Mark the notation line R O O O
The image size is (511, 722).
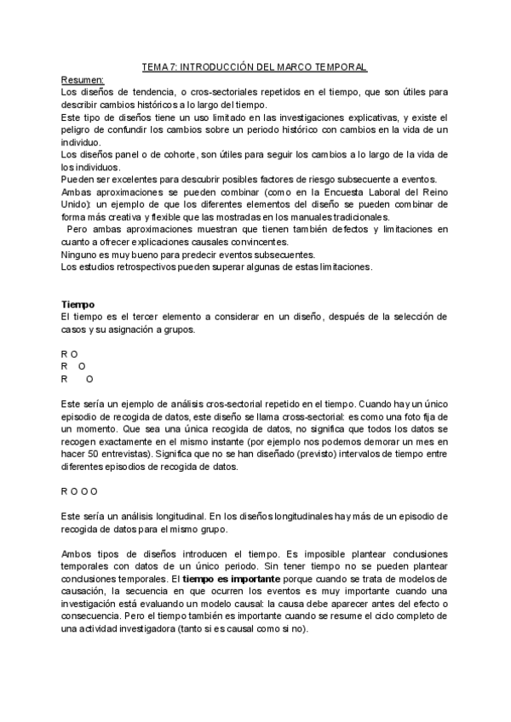[x=79, y=491]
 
